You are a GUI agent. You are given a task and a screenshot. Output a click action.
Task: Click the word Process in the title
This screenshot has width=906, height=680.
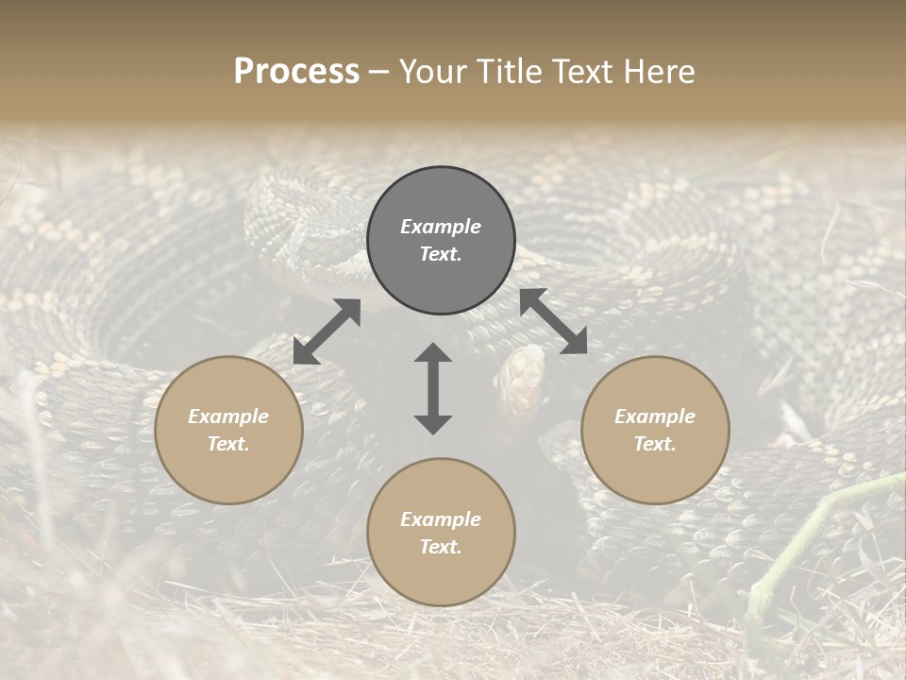296,72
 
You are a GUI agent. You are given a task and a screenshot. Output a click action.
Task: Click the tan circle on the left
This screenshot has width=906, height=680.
228,430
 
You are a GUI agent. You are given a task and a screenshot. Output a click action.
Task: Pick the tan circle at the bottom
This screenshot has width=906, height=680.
441,532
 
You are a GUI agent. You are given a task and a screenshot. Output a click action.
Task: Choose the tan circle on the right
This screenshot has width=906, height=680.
654,430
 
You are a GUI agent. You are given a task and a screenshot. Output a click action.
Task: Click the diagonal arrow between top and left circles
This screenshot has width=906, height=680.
327,331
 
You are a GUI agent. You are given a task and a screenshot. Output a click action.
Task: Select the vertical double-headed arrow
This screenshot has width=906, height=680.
433,388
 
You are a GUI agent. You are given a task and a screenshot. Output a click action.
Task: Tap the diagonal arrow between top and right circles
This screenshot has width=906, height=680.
553,321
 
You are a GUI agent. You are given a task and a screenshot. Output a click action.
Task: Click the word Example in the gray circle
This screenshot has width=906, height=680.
441,227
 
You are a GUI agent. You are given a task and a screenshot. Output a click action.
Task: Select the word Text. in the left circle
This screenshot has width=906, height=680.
228,444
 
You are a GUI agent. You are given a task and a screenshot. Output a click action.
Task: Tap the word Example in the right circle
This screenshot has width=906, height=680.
654,416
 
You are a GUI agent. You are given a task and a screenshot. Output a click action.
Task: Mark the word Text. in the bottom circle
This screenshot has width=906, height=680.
441,547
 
